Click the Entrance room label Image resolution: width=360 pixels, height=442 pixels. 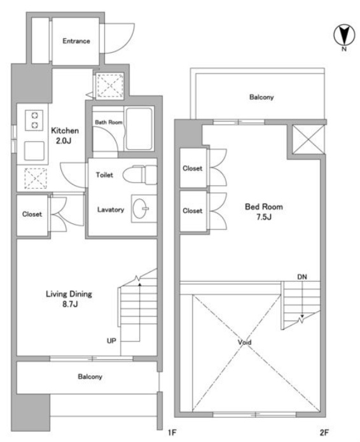(x=76, y=41)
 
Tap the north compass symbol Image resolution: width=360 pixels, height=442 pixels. (x=344, y=36)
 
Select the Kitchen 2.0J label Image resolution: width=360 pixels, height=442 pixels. (x=64, y=135)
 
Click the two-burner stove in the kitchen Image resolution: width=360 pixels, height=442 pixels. (x=34, y=120)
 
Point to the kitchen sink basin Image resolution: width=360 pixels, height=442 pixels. (x=34, y=151)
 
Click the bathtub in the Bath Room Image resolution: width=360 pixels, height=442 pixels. (x=139, y=129)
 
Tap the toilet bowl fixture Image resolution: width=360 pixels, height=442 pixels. (x=140, y=175)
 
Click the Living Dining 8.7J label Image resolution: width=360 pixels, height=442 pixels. (x=69, y=299)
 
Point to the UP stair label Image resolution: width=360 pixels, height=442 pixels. (x=111, y=341)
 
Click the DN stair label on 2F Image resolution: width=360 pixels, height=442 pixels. (x=302, y=277)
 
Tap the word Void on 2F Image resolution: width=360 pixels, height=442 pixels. (x=244, y=342)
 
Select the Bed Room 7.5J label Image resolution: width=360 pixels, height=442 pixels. (x=264, y=211)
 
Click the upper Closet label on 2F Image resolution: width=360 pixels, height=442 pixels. (x=193, y=169)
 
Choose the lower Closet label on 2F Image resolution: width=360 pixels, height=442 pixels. (x=193, y=211)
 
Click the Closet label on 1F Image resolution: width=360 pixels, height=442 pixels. (x=32, y=214)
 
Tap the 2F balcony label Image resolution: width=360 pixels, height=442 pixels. (x=261, y=97)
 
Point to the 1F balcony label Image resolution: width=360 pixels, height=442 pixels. (x=90, y=376)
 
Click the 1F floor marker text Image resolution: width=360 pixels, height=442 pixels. (x=172, y=432)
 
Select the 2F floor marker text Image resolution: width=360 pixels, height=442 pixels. (x=324, y=432)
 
